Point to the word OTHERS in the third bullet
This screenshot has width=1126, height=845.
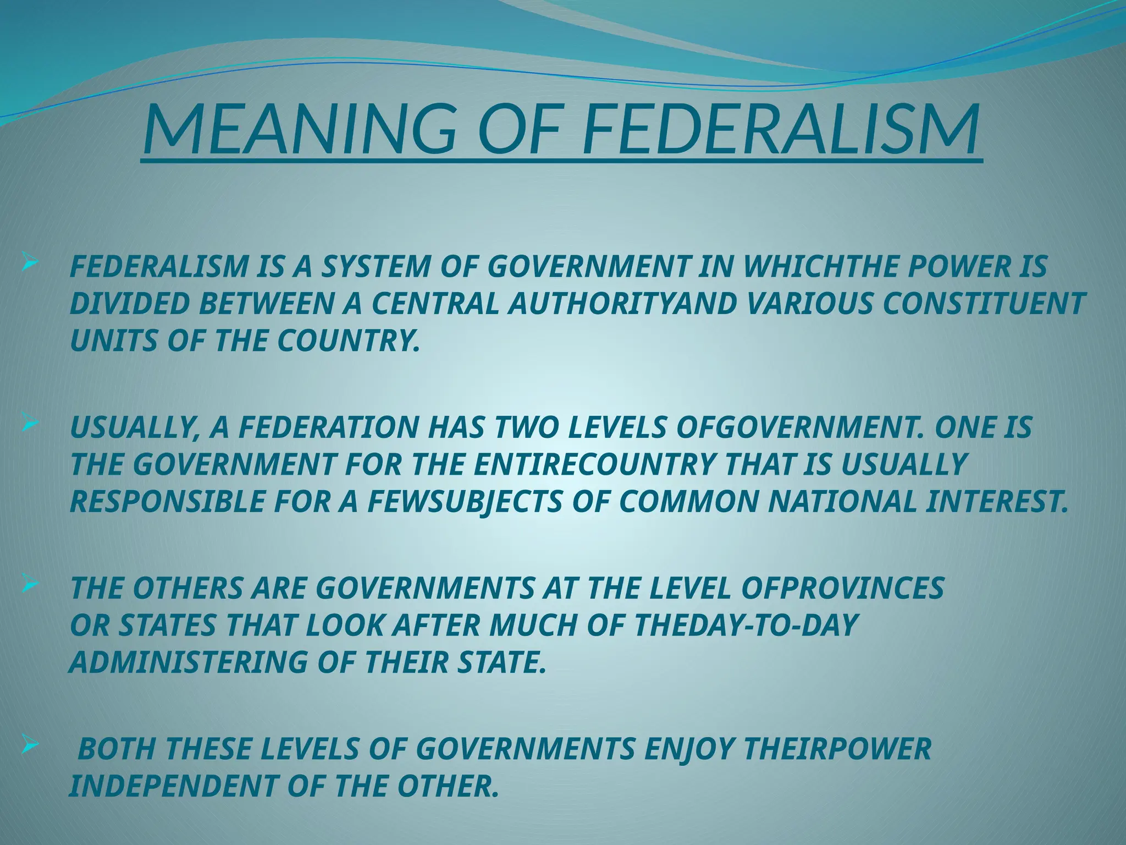tap(187, 588)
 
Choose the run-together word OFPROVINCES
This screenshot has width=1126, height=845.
tap(841, 588)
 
